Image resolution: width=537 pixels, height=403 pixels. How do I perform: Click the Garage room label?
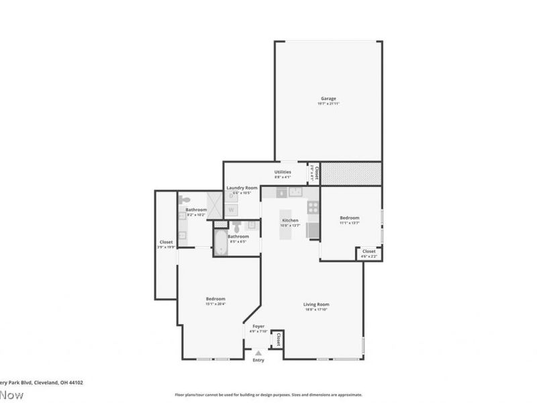pyautogui.click(x=328, y=99)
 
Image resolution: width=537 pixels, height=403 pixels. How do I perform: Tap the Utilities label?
pyautogui.click(x=282, y=172)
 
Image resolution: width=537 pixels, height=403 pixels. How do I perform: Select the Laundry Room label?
pyautogui.click(x=242, y=187)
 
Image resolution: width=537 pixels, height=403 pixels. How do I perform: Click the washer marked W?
pyautogui.click(x=231, y=210)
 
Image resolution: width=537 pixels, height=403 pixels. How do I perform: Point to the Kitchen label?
pyautogui.click(x=290, y=220)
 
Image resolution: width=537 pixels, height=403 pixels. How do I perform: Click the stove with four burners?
pyautogui.click(x=312, y=208)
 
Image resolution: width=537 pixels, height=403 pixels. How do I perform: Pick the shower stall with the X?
pyautogui.click(x=214, y=205)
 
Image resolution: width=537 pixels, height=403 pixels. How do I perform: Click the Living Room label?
pyautogui.click(x=316, y=304)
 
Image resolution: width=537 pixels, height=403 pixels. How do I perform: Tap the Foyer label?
pyautogui.click(x=258, y=326)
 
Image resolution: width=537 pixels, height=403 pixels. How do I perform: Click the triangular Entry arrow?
pyautogui.click(x=258, y=352)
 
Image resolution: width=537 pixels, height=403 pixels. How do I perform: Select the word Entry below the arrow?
pyautogui.click(x=258, y=360)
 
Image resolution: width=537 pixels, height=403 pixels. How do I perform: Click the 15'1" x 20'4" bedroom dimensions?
pyautogui.click(x=215, y=304)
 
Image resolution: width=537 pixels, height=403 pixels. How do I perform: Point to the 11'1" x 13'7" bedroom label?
pyautogui.click(x=349, y=218)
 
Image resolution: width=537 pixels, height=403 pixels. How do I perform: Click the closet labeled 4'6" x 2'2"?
pyautogui.click(x=369, y=253)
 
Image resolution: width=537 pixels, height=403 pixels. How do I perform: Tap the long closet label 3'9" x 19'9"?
pyautogui.click(x=166, y=244)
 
